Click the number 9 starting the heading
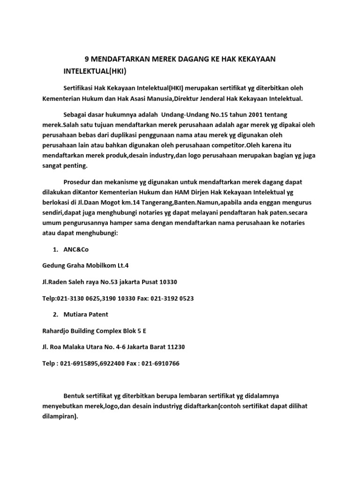pyautogui.click(x=87, y=60)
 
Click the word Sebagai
pyautogui.click(x=77, y=114)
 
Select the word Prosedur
pyautogui.click(x=79, y=181)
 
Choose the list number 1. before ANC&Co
pyautogui.click(x=56, y=249)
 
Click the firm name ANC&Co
pyautogui.click(x=76, y=249)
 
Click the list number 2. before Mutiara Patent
pyautogui.click(x=56, y=315)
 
